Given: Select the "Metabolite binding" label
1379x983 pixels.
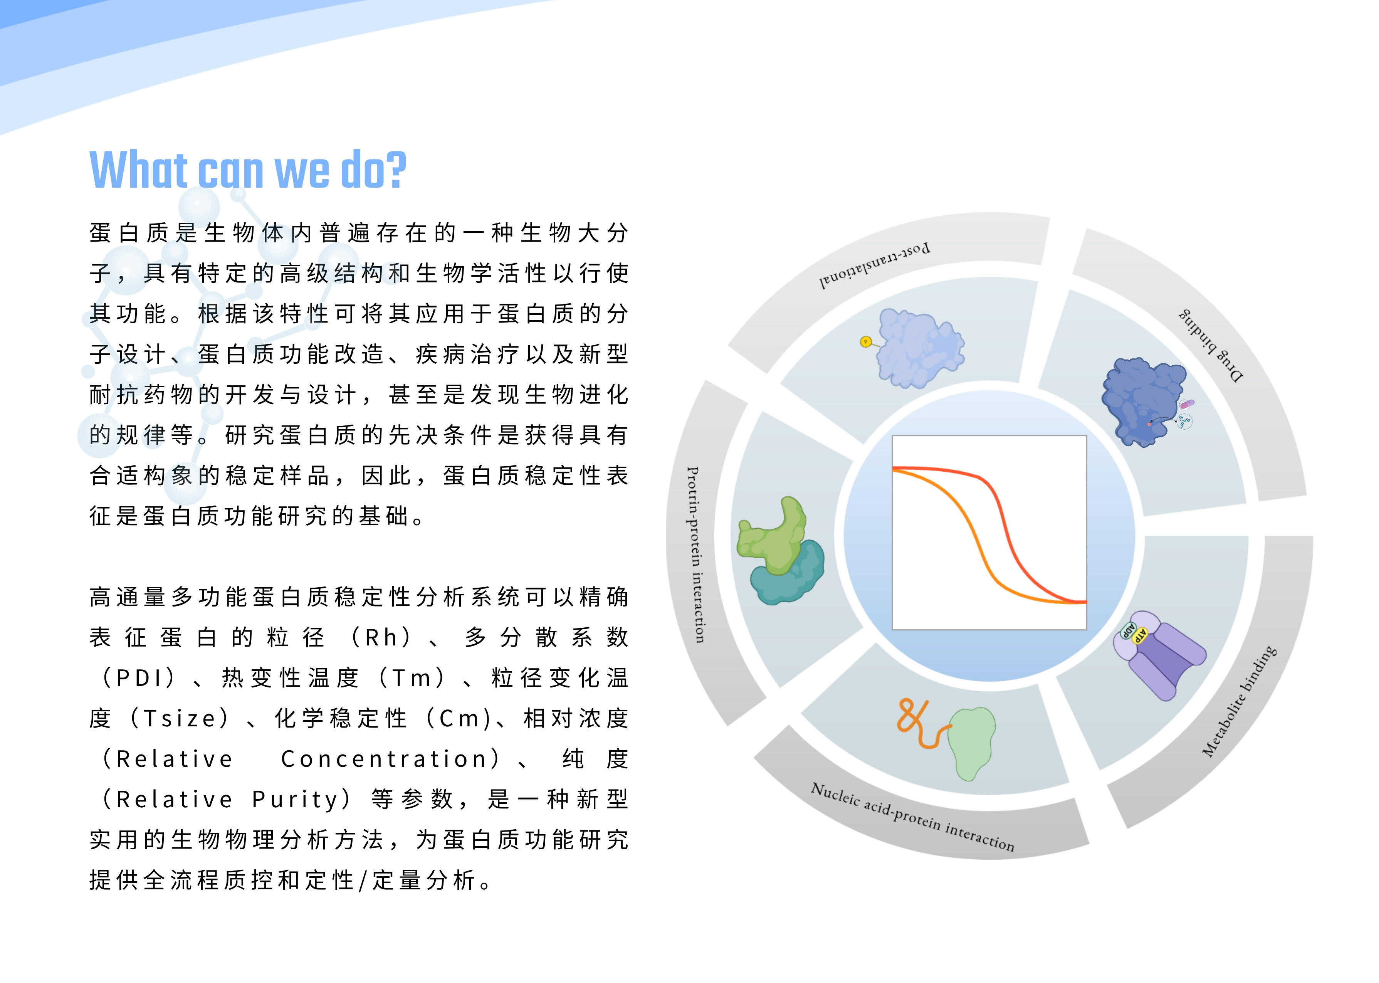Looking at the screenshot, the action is pos(1239,701).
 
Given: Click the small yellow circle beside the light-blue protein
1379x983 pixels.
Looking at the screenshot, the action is pos(866,342).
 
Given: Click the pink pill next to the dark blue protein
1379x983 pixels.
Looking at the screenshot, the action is pos(1187,404).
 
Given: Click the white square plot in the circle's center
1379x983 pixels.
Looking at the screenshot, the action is pos(989,533).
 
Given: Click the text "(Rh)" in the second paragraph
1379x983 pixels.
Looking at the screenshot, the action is pos(381,637).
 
